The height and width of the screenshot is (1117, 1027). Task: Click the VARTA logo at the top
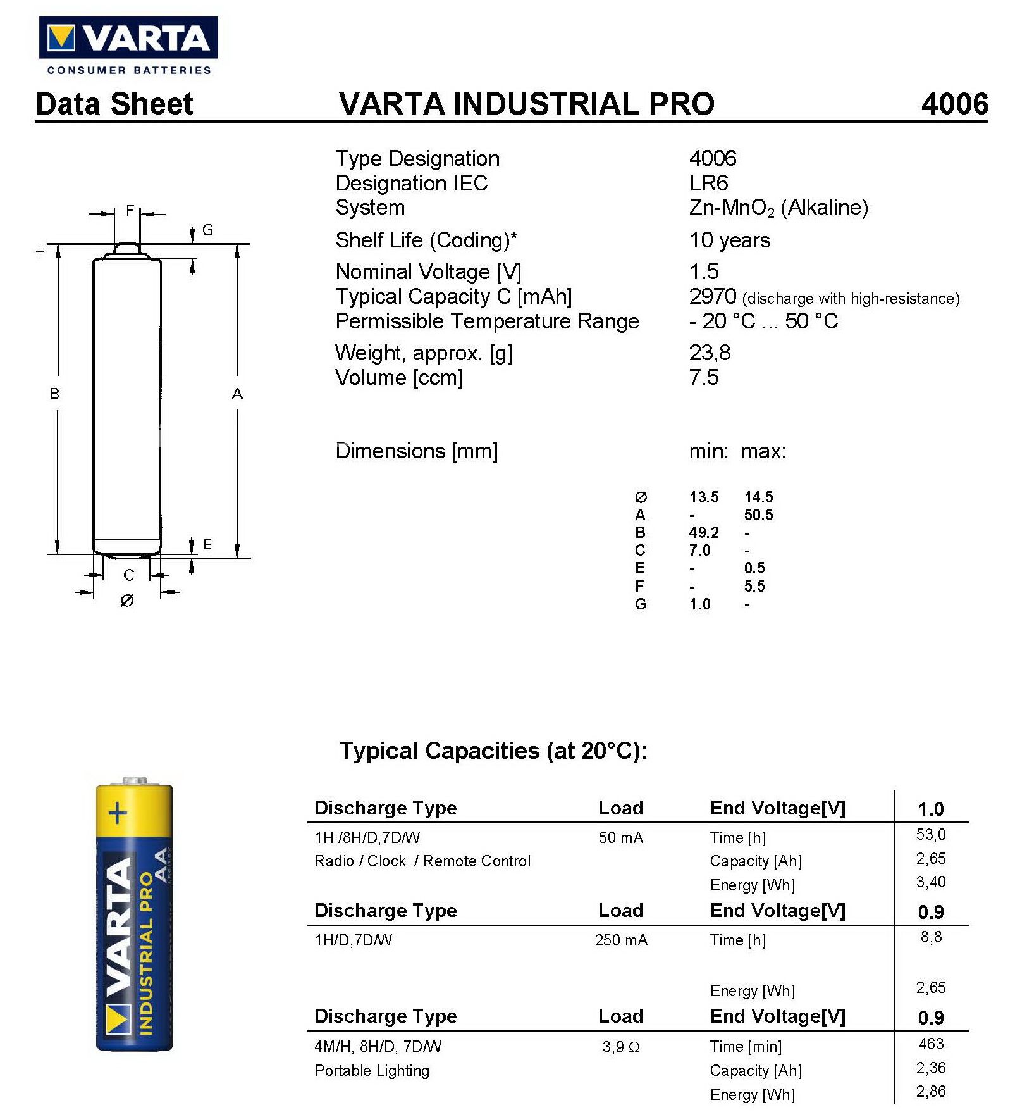coord(128,39)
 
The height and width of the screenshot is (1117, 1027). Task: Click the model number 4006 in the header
coord(954,104)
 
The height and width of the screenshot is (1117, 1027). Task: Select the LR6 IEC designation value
coord(708,184)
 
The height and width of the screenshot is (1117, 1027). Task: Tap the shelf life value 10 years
coord(729,240)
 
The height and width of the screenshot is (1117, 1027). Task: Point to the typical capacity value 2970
coord(712,296)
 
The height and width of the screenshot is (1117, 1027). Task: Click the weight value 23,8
coord(710,353)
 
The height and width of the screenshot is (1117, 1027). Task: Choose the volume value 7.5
coord(703,378)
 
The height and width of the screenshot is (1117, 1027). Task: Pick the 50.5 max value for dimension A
coord(758,515)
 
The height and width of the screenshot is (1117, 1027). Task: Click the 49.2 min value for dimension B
coord(703,533)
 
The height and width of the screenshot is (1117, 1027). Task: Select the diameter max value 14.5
coord(758,497)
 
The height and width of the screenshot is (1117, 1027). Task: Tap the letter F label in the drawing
coord(130,211)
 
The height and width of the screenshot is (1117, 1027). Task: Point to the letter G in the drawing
coord(207,230)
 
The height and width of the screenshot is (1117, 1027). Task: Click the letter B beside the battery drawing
coord(55,394)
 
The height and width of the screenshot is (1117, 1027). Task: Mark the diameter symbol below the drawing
coord(127,601)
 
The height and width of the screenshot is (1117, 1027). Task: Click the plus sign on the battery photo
coord(118,813)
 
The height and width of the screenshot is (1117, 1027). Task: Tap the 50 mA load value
coord(620,838)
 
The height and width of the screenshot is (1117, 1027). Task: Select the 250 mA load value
coord(620,940)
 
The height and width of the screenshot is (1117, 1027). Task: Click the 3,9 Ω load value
coord(620,1047)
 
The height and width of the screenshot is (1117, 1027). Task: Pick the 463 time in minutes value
coord(931,1044)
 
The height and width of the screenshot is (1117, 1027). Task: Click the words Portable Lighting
coord(372,1071)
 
